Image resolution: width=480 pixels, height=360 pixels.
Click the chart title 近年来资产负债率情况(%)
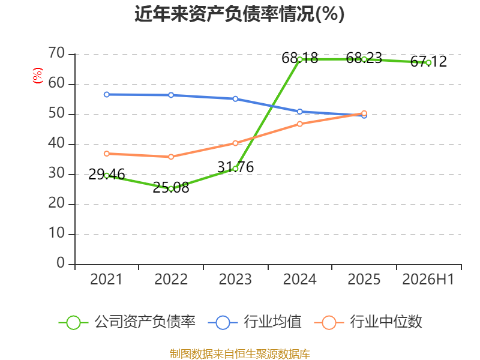(239, 14)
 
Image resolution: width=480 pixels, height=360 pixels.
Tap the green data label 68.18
(299, 58)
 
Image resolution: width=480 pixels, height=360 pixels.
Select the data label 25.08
(171, 188)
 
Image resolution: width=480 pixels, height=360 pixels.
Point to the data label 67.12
(428, 62)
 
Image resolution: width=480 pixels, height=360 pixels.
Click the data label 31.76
(235, 167)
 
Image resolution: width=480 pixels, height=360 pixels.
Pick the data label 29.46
(107, 175)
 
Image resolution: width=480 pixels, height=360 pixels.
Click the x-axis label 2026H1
(428, 280)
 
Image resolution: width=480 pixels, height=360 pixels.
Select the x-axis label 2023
(235, 280)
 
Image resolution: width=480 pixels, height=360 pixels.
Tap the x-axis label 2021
(106, 280)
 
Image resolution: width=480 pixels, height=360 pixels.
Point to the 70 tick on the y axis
(56, 53)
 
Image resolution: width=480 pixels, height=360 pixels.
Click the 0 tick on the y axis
(61, 263)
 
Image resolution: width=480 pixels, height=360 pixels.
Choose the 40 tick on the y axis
(56, 143)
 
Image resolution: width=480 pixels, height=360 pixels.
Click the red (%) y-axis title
(38, 76)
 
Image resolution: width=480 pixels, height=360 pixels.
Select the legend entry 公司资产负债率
(127, 322)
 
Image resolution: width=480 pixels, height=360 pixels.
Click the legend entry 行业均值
(254, 322)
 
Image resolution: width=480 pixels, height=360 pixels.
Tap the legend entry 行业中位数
(368, 322)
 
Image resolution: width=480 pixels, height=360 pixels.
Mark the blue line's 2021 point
(107, 95)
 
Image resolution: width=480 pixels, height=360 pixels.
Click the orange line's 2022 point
(171, 157)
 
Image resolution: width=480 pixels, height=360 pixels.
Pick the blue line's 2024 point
(299, 112)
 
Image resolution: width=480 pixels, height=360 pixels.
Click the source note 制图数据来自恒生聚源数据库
(239, 354)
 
